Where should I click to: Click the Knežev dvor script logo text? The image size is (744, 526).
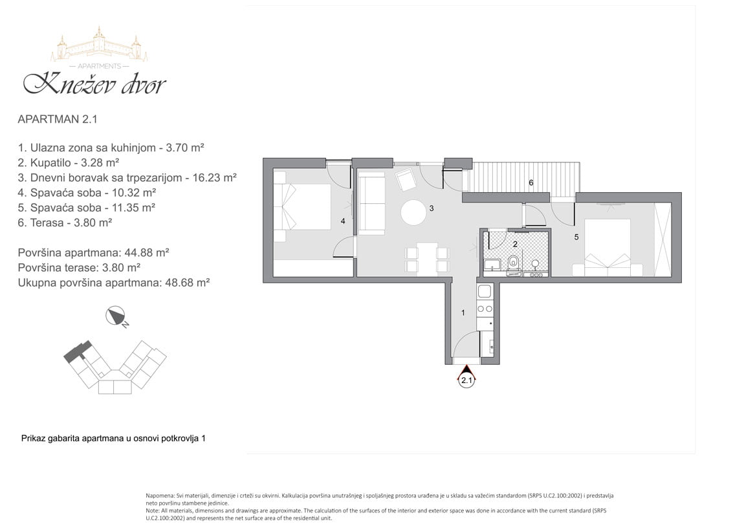pos(94,83)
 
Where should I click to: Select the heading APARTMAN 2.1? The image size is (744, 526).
pos(58,119)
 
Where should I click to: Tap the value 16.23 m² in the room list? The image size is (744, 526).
pos(213,177)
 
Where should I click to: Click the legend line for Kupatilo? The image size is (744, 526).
pos(69,162)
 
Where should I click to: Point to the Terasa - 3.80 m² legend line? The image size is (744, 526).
pos(65,223)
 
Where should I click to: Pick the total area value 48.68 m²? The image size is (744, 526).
pos(187,283)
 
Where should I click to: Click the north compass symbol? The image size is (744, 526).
pos(116,316)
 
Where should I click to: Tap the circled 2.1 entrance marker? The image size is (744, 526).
pos(467,380)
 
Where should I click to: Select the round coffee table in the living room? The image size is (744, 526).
pos(413,212)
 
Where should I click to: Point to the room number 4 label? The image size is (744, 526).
pos(343,221)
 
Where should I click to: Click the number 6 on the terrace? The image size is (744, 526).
pos(531,182)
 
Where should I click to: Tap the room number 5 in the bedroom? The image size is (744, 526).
pos(576,237)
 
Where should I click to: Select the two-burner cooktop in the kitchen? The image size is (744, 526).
pos(485,309)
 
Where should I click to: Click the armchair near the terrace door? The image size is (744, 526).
pos(406,180)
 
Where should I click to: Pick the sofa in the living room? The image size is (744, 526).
pos(371,204)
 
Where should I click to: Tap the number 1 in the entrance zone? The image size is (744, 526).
pos(463,312)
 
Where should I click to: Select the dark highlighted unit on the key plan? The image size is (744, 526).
pos(76,351)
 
